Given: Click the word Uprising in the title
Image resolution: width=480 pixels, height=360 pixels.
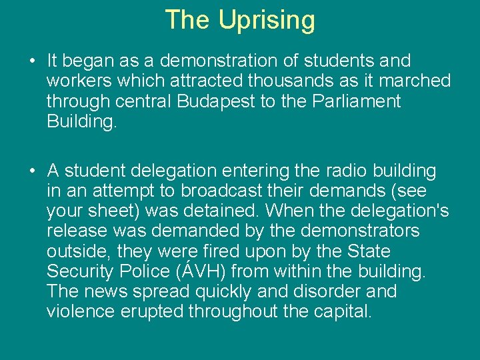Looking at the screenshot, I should coord(267,20).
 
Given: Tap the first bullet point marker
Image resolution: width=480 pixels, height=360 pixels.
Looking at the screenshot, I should coord(32,61).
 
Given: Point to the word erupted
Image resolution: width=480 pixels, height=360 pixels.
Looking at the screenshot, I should coord(153,311).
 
